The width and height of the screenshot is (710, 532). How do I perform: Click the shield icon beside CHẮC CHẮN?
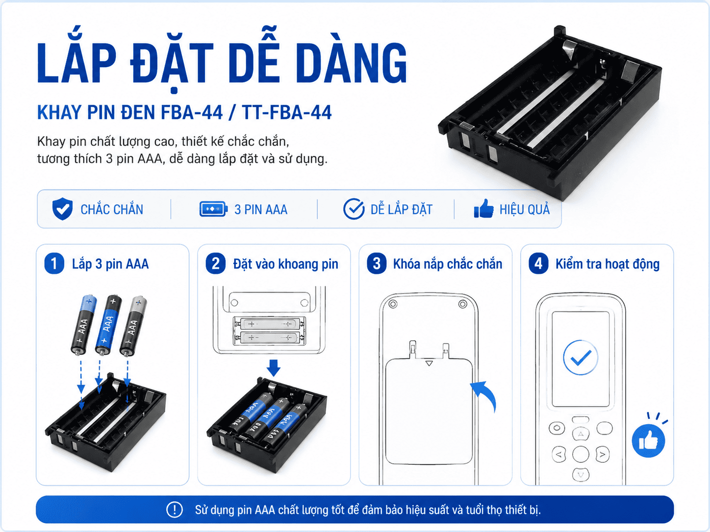click(x=62, y=209)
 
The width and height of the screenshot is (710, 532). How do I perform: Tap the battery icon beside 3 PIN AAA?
click(x=213, y=209)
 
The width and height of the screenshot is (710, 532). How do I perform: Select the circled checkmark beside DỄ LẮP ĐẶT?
click(x=354, y=209)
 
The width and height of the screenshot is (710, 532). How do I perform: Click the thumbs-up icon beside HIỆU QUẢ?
click(x=484, y=209)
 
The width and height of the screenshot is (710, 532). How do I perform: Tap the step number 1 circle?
click(x=54, y=264)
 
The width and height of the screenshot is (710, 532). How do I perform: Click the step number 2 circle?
click(x=216, y=264)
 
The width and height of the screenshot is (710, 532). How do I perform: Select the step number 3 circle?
click(x=377, y=264)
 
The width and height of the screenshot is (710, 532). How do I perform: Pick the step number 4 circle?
click(x=538, y=264)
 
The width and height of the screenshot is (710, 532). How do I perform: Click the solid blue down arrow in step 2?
click(x=274, y=368)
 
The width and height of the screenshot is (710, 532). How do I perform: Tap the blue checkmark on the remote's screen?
click(x=581, y=358)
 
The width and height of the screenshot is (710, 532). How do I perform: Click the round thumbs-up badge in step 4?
click(x=648, y=440)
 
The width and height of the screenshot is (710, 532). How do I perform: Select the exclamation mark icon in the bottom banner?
click(x=175, y=510)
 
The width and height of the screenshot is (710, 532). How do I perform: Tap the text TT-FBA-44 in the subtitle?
click(x=286, y=112)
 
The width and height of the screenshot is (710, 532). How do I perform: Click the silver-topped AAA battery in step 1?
click(x=133, y=326)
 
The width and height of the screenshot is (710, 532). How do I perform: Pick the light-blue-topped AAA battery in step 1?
click(x=84, y=324)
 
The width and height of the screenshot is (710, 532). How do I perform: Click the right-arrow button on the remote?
click(x=602, y=454)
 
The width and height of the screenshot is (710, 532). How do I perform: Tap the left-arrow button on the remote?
click(x=559, y=454)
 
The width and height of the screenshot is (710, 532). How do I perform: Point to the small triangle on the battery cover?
click(x=429, y=363)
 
